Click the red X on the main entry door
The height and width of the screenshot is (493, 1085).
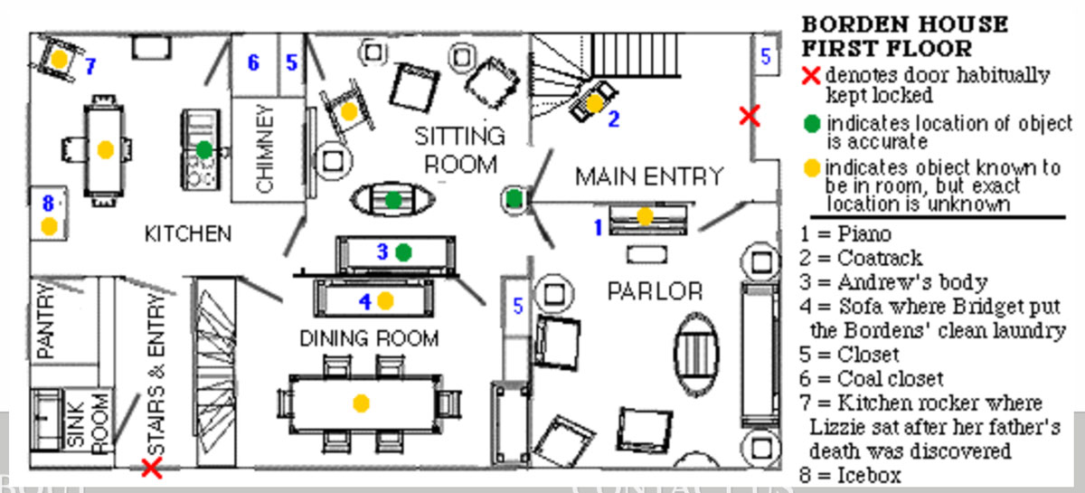click(x=749, y=116)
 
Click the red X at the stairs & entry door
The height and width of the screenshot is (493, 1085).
click(x=152, y=468)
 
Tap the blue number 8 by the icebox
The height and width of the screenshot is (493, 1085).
click(x=49, y=204)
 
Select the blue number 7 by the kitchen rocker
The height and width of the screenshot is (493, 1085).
click(x=90, y=66)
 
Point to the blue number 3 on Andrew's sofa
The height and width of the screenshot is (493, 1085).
click(x=382, y=252)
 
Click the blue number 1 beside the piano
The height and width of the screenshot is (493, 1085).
click(x=598, y=227)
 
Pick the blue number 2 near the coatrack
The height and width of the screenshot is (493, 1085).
click(x=614, y=119)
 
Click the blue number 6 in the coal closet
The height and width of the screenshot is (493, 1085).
click(x=254, y=62)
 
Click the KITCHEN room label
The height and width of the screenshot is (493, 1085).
click(x=188, y=233)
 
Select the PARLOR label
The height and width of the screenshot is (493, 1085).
click(x=655, y=290)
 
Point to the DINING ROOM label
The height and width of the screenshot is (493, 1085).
click(x=369, y=338)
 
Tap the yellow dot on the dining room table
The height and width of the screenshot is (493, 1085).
click(x=362, y=403)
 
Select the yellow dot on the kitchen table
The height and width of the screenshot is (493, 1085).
click(x=105, y=149)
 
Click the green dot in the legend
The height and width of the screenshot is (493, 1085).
click(x=812, y=124)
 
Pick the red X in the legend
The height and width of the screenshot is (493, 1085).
click(x=811, y=75)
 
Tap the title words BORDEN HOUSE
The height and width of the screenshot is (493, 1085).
click(x=904, y=24)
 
